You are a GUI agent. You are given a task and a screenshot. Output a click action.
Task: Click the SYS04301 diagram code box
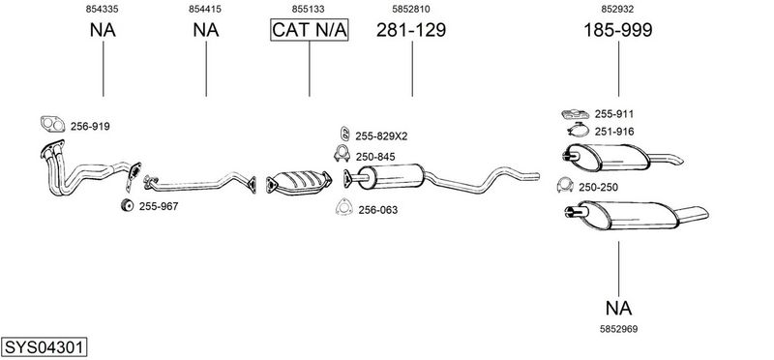(x=44, y=347)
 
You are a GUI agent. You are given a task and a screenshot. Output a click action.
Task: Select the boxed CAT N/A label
(x=310, y=30)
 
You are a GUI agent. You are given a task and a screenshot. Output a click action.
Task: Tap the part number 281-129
(x=411, y=30)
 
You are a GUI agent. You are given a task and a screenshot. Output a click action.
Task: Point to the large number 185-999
(x=618, y=30)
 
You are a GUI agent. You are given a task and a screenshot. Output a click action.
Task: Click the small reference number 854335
(x=103, y=9)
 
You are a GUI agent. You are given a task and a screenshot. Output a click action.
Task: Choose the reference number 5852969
(x=618, y=329)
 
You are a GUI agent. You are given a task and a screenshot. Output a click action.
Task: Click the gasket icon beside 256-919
(x=53, y=125)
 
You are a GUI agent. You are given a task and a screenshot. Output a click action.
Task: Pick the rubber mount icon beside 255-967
(x=128, y=205)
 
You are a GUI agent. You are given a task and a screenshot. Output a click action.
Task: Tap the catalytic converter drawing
(x=299, y=183)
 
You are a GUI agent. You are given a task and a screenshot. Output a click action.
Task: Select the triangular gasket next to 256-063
(x=344, y=207)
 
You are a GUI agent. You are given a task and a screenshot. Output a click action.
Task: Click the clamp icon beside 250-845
(x=342, y=154)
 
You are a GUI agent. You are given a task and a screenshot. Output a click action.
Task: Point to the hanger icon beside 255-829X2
(x=345, y=134)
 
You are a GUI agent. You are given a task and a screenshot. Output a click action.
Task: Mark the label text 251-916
(x=614, y=132)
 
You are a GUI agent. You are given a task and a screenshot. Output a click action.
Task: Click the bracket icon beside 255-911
(x=575, y=114)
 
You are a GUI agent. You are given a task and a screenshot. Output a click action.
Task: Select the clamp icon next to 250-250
(x=565, y=185)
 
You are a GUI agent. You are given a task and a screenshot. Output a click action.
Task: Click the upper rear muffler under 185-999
(x=609, y=158)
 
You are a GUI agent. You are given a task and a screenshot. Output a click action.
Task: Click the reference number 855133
(x=308, y=9)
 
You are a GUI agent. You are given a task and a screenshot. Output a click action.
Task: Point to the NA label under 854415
(x=206, y=30)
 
